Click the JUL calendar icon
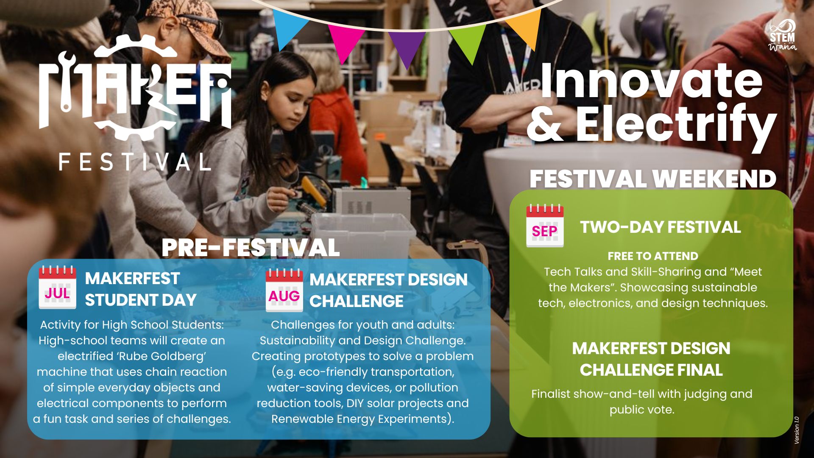coord(57,287)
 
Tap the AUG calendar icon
coord(284,290)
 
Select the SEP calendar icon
coord(545,226)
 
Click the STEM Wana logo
coord(783,36)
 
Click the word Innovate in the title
coord(651,81)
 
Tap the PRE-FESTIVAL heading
coord(251,248)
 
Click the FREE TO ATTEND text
coord(653,256)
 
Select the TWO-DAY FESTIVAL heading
coord(661,227)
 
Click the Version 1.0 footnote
coord(797,430)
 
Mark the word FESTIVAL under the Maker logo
coord(135,162)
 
